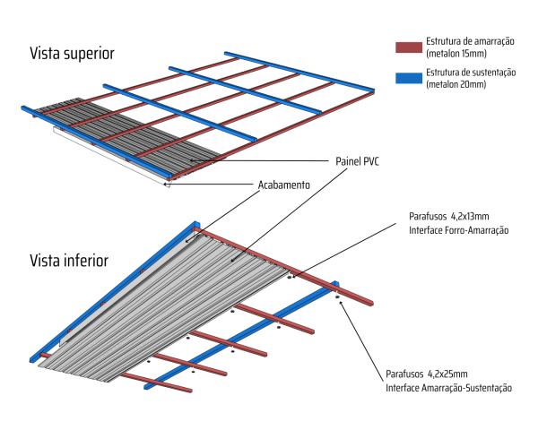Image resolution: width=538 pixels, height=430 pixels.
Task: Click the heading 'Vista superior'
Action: [72, 53]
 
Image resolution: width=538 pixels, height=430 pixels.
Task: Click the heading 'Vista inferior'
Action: [69, 261]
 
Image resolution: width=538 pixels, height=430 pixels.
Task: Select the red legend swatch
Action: [408, 46]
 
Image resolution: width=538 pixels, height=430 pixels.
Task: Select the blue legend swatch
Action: [408, 76]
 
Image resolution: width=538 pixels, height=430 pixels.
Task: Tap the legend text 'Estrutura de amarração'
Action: [470, 40]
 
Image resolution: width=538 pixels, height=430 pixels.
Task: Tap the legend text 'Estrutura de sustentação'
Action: [472, 71]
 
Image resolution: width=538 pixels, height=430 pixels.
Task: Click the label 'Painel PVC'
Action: [359, 161]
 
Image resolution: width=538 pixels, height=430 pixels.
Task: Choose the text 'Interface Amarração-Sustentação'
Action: [448, 388]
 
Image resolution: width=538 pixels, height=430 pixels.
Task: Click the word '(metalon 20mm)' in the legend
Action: [457, 83]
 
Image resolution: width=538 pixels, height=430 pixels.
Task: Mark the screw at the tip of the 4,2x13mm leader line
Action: [291, 277]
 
